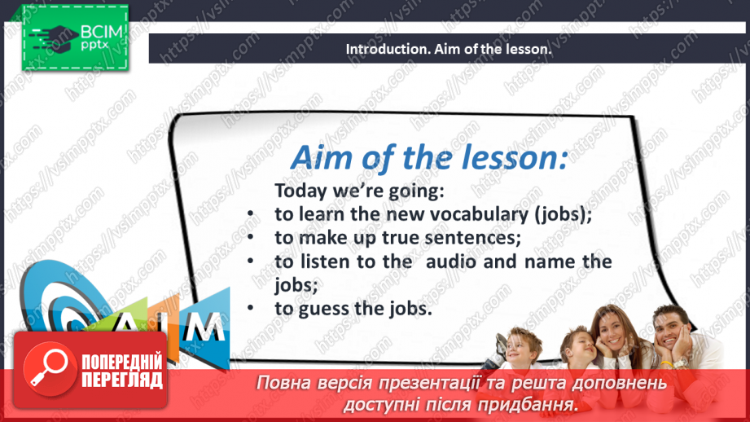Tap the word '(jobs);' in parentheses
click(562, 214)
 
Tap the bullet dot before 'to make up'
click(253, 238)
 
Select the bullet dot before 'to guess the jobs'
click(253, 309)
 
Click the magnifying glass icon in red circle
click(47, 367)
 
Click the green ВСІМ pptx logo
click(75, 37)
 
